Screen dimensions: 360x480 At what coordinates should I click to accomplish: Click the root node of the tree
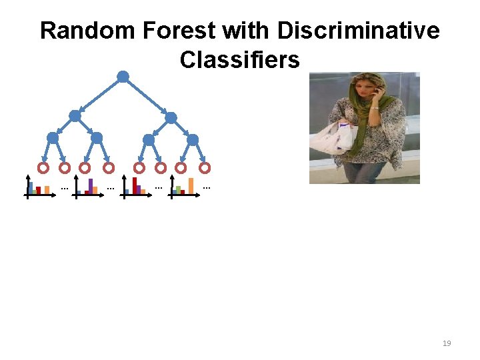coord(123,77)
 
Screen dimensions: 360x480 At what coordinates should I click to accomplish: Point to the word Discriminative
coord(358,31)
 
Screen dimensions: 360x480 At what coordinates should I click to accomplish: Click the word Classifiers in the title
coord(239,60)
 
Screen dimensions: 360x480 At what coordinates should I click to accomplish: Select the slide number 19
coord(447,343)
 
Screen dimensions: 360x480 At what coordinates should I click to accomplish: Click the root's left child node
coord(75,116)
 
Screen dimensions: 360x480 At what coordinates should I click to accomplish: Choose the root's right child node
coord(171,117)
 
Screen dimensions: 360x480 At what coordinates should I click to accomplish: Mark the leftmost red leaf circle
coord(43,168)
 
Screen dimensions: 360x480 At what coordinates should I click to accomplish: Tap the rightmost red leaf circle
coord(205,168)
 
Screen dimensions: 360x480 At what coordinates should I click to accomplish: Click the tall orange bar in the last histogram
coord(191,185)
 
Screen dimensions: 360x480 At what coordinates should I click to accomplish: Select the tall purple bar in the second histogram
coord(91,185)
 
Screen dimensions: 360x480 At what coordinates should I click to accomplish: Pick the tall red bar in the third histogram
coord(135,185)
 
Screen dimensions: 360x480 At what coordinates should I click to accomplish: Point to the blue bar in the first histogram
coord(31,187)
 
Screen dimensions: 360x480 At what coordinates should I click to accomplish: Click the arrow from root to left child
coord(100,96)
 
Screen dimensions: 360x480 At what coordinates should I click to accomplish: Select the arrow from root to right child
coord(147,97)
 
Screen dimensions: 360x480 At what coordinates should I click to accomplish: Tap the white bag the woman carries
coord(335,137)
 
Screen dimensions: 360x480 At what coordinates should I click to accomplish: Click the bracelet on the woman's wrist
coord(375,107)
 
